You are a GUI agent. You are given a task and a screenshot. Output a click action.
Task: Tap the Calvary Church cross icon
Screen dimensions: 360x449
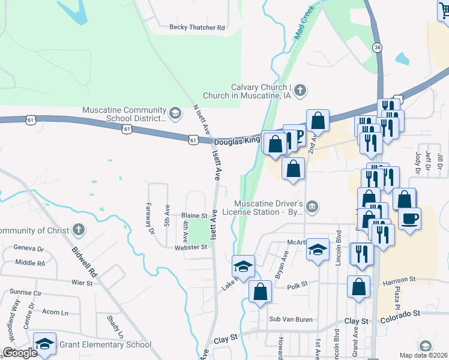[301, 91]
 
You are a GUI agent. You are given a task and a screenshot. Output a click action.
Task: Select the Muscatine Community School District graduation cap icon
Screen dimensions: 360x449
[175, 112]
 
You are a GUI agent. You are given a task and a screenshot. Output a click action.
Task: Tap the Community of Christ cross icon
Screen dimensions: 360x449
[77, 230]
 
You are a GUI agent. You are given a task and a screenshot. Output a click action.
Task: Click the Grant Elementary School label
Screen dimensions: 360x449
[104, 344]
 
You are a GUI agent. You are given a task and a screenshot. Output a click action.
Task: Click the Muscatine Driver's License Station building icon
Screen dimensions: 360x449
[312, 207]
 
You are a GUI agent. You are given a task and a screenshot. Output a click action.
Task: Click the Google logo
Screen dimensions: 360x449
[20, 352]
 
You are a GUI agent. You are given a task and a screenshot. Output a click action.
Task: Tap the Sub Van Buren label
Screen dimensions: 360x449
[291, 319]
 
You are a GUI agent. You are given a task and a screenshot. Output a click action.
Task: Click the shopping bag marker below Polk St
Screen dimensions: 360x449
[261, 292]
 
